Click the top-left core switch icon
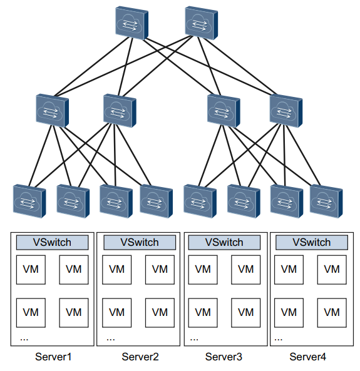click(131, 23)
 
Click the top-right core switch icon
click(201, 23)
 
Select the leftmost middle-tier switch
click(53, 111)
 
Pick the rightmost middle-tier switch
click(286, 111)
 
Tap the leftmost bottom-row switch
click(29, 201)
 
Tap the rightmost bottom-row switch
click(326, 201)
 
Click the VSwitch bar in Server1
click(53, 242)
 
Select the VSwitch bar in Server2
click(140, 242)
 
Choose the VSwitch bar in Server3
click(224, 242)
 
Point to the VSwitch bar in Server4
click(312, 242)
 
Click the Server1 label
click(53, 357)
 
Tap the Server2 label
click(140, 357)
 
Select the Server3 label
click(224, 357)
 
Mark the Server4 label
click(307, 357)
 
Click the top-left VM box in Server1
click(31, 270)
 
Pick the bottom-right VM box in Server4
click(332, 313)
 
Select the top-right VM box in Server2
click(160, 270)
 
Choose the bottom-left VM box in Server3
click(203, 313)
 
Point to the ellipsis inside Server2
click(111, 340)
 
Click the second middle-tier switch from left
click(120, 111)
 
